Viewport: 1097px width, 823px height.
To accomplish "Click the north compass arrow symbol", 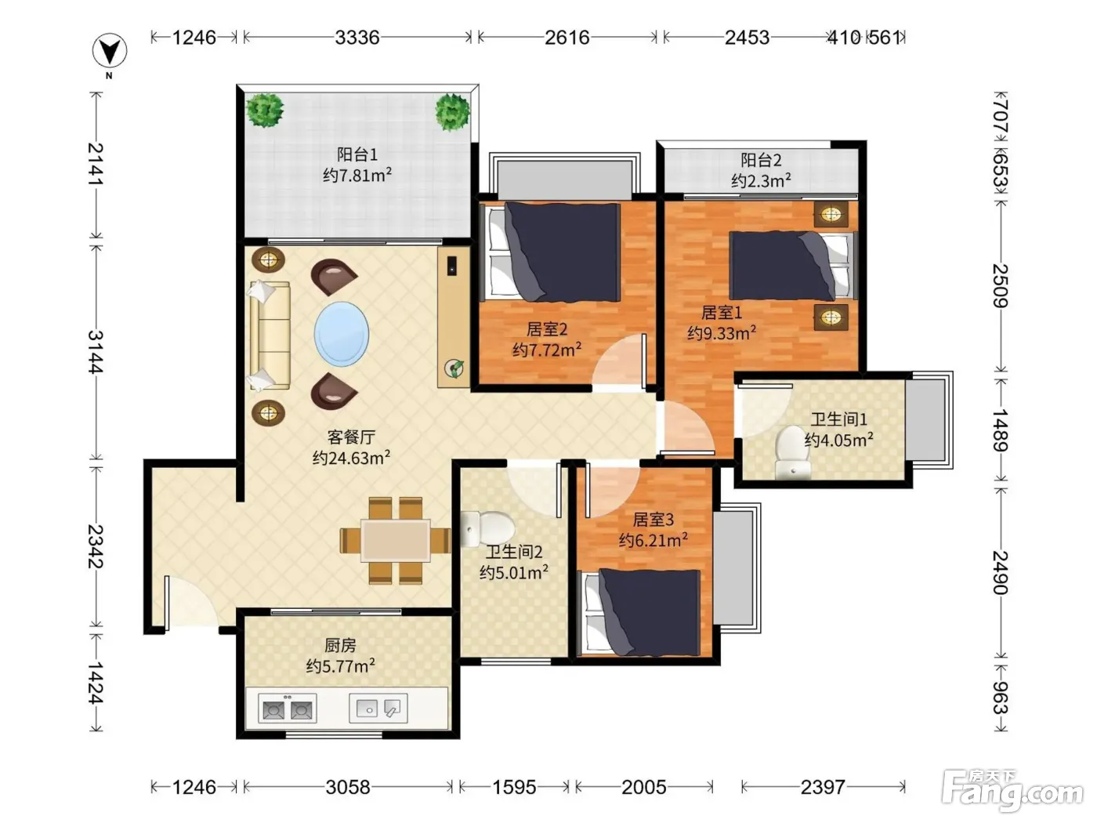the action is (x=110, y=50).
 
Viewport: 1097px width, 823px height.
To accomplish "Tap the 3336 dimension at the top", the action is (x=357, y=38).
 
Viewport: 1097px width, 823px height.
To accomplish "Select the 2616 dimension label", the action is (x=567, y=38).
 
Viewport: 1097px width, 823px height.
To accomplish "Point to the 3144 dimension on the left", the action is (x=96, y=352).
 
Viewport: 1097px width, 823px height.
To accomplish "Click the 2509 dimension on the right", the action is (x=1000, y=286).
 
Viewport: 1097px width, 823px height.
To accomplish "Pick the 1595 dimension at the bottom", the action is (x=514, y=788).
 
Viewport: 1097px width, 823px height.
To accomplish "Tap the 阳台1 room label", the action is (x=357, y=154).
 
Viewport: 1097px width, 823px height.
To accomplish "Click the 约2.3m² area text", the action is (x=761, y=179).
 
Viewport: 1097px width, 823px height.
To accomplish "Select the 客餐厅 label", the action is (x=351, y=437).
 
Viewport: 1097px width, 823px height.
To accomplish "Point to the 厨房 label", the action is (x=340, y=646).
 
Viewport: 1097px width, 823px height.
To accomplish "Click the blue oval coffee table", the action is (x=342, y=334).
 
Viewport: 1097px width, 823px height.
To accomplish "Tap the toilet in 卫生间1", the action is (x=793, y=452).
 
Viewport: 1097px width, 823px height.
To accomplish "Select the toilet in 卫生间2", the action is (x=488, y=528).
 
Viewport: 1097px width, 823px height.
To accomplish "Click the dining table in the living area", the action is (x=396, y=540).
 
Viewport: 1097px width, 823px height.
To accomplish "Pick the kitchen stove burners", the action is (x=288, y=708).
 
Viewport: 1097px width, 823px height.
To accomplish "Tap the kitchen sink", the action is (x=378, y=708).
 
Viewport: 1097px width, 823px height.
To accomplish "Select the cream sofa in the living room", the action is (x=270, y=335).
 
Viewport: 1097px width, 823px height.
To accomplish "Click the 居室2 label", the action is (x=547, y=329).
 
